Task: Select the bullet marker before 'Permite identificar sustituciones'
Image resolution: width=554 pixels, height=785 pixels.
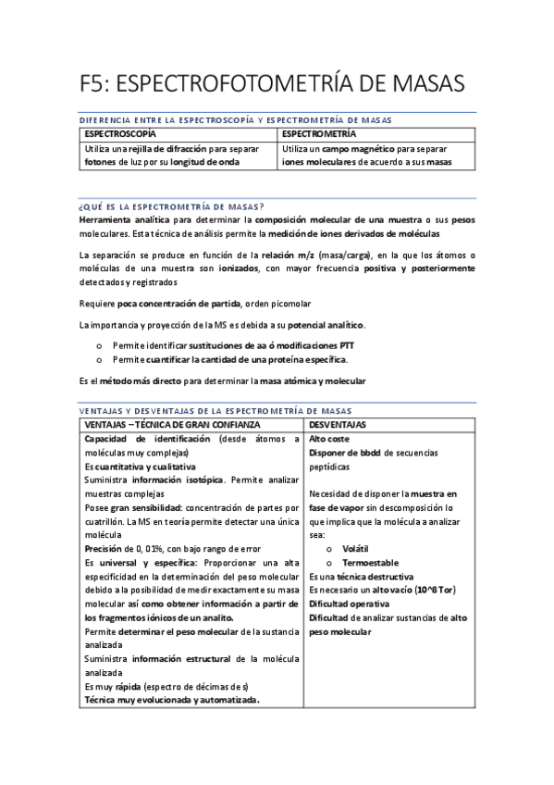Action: click(x=99, y=344)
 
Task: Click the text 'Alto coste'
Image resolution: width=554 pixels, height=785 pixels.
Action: click(x=329, y=438)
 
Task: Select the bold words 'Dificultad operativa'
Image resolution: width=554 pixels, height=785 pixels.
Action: click(x=349, y=604)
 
